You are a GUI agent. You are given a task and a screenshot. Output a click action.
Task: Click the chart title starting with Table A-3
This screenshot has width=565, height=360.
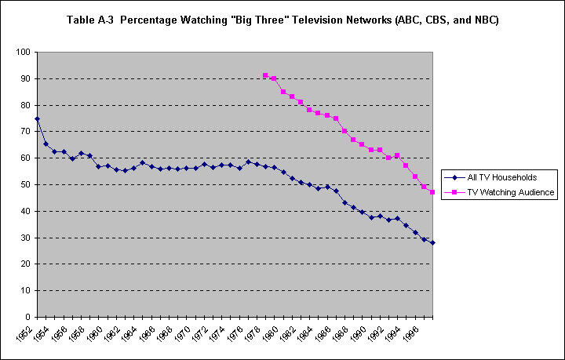tap(282, 19)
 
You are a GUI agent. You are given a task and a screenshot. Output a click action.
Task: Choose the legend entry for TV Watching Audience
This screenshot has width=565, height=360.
tap(503, 191)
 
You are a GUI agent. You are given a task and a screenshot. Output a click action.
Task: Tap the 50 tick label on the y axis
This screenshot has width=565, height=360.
tap(25, 184)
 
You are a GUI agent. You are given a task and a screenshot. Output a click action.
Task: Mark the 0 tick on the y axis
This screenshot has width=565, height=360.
tap(27, 317)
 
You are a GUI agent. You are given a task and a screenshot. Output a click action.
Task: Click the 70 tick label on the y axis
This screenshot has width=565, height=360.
tap(25, 131)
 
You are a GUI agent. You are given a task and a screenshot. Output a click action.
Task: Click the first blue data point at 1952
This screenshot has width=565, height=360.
tap(37, 118)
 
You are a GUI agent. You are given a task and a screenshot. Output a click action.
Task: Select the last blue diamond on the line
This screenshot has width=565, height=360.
tap(432, 242)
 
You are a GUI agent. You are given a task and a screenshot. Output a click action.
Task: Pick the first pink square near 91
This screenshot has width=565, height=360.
tap(265, 75)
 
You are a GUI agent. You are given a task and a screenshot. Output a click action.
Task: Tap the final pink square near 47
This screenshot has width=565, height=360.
tap(432, 192)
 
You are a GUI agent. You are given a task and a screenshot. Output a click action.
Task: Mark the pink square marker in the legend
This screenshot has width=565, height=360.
tap(453, 191)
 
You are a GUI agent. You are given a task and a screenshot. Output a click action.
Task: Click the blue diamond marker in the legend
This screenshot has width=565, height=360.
tap(453, 177)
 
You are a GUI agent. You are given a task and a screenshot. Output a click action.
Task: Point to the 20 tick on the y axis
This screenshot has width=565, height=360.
tap(25, 264)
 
